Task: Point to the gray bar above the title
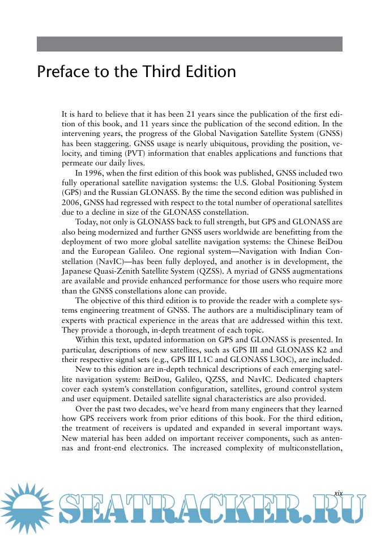[190, 44]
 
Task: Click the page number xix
[338, 494]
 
